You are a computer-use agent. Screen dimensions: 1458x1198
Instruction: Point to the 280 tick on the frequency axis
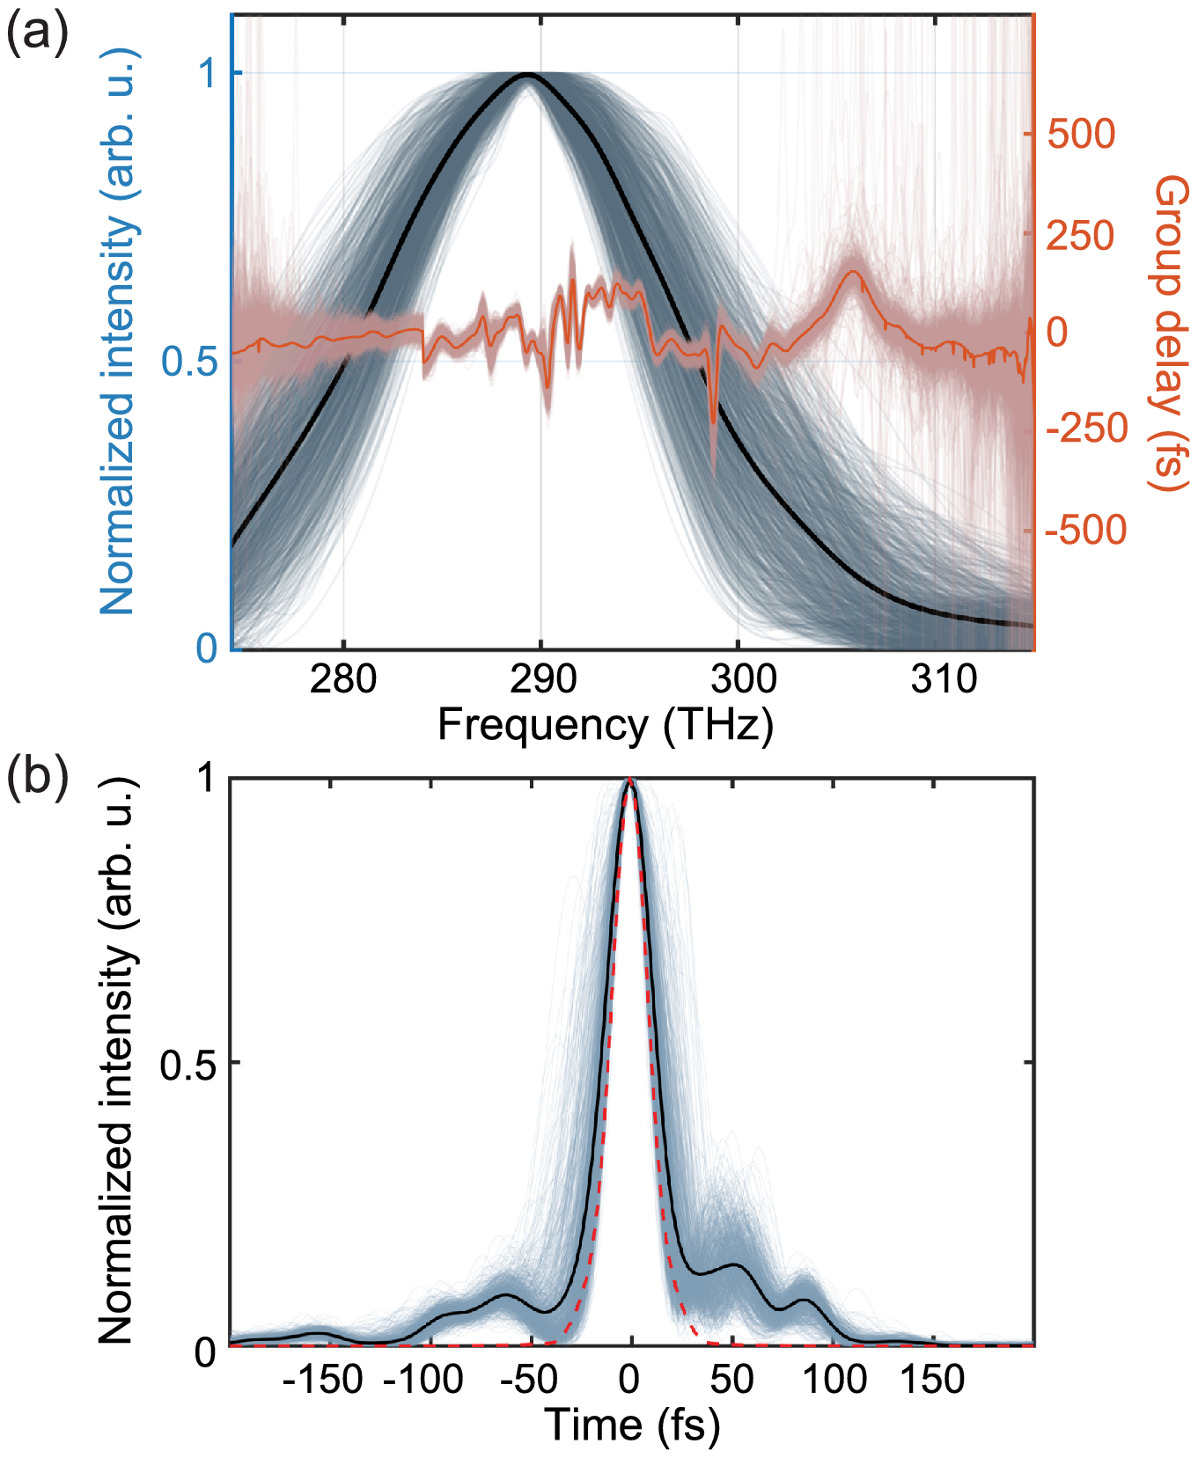pyautogui.click(x=343, y=678)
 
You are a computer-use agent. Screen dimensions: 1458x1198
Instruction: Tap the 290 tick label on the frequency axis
pyautogui.click(x=543, y=678)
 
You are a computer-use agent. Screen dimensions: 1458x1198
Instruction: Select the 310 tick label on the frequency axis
pyautogui.click(x=944, y=678)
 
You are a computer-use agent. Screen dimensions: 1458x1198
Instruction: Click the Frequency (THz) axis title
pyautogui.click(x=606, y=725)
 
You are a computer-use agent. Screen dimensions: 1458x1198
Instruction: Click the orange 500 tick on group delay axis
pyautogui.click(x=1081, y=135)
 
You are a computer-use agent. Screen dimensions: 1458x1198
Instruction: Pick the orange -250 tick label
pyautogui.click(x=1086, y=429)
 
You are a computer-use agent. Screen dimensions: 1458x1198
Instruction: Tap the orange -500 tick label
pyautogui.click(x=1086, y=530)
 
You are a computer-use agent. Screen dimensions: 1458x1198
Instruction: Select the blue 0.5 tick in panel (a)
pyautogui.click(x=190, y=360)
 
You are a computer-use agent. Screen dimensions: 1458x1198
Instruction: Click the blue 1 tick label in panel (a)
pyautogui.click(x=208, y=73)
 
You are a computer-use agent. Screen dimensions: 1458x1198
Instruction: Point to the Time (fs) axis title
pyautogui.click(x=631, y=1425)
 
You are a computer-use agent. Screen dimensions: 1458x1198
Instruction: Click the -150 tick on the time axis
pyautogui.click(x=323, y=1379)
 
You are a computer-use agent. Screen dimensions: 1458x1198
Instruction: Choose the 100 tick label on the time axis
pyautogui.click(x=833, y=1379)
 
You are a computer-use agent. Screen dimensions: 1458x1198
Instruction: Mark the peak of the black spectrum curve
pyautogui.click(x=526, y=76)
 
